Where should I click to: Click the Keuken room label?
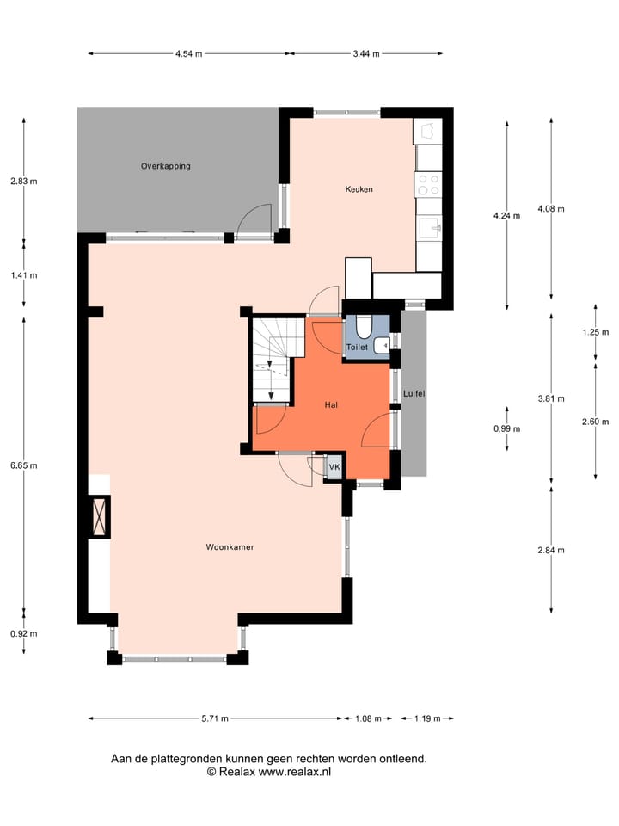[x=359, y=189]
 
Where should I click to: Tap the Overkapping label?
[x=166, y=166]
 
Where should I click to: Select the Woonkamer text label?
[x=230, y=546]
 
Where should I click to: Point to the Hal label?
[x=331, y=404]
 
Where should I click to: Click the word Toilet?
[x=357, y=347]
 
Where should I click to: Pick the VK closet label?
[x=334, y=467]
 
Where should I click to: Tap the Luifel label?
[x=414, y=393]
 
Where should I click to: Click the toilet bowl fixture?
[x=364, y=327]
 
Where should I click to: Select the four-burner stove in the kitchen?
[x=428, y=184]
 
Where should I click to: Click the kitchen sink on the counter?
[x=429, y=227]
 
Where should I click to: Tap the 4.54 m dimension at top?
[x=188, y=53]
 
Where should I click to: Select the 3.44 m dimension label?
[x=366, y=53]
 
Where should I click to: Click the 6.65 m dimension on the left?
[x=23, y=465]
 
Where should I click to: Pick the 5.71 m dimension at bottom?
[x=215, y=718]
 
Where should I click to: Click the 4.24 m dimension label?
[x=506, y=216]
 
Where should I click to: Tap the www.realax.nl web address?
[x=295, y=773]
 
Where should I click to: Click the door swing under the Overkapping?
[x=254, y=219]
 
